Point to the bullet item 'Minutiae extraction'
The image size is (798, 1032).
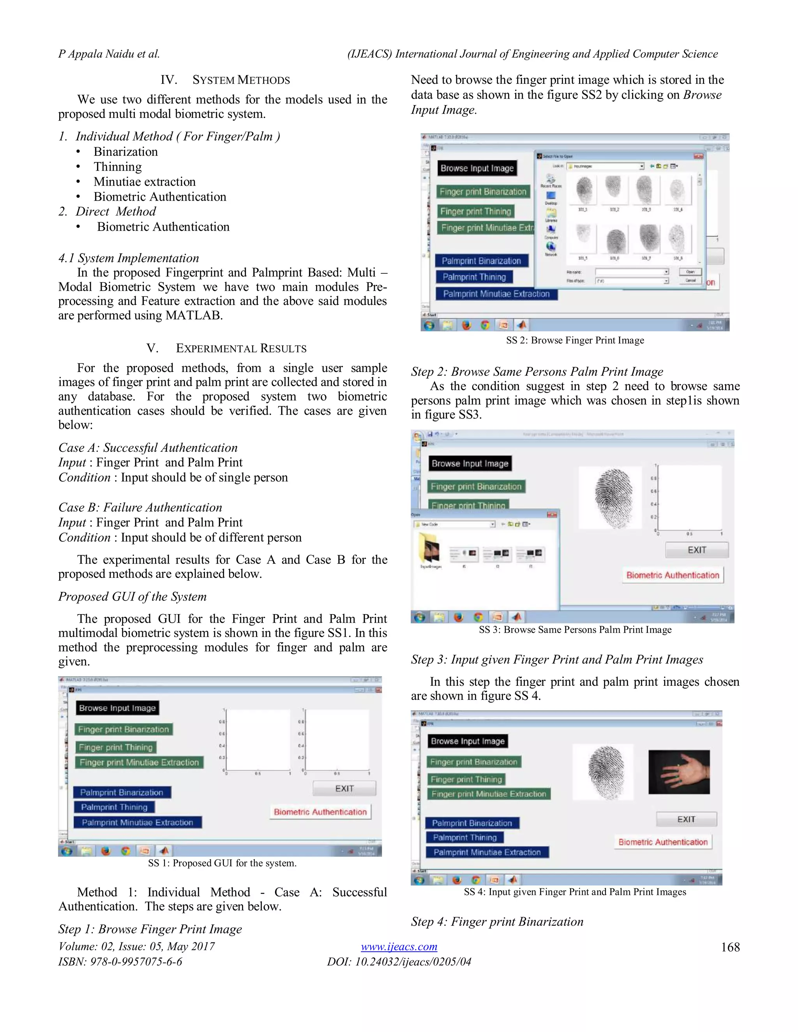[x=144, y=181]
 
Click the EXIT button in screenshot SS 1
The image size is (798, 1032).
[x=344, y=788]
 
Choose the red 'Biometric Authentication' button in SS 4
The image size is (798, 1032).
[x=663, y=842]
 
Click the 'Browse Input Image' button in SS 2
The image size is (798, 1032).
[x=477, y=168]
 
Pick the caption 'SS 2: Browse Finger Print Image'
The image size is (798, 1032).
[x=575, y=340]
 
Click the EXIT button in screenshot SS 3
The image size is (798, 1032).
[x=696, y=550]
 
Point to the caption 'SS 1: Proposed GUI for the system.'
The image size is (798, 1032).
[x=222, y=863]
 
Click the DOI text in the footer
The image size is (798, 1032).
[x=399, y=962]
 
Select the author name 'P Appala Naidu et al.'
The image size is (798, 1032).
[x=109, y=54]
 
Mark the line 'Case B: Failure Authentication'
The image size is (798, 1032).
[x=140, y=507]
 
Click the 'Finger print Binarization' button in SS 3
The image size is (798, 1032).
[x=476, y=486]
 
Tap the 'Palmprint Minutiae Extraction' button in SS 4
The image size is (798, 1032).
[x=487, y=852]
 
